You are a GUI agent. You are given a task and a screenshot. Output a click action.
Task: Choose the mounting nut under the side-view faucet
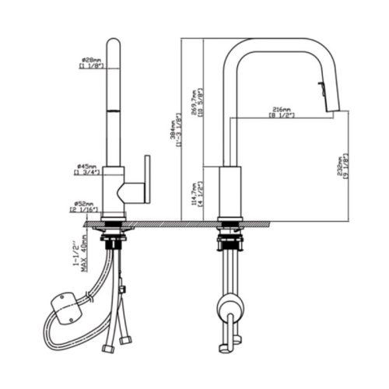[x=230, y=233]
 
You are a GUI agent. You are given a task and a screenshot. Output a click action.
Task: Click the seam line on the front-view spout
[x=114, y=110]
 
